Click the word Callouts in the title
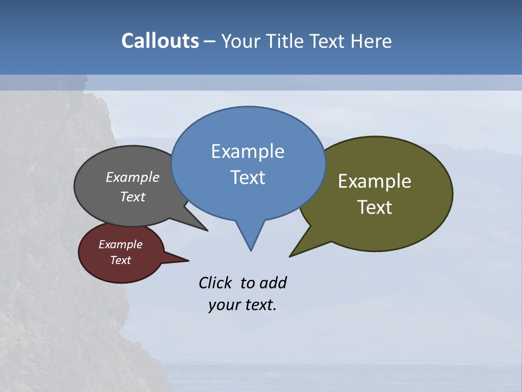[x=160, y=41]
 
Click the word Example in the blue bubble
[x=247, y=151]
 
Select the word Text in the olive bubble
[x=375, y=207]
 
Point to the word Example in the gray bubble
[x=133, y=177]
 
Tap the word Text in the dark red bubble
[x=120, y=260]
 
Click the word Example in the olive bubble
[x=375, y=181]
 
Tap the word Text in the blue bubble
[x=247, y=177]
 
